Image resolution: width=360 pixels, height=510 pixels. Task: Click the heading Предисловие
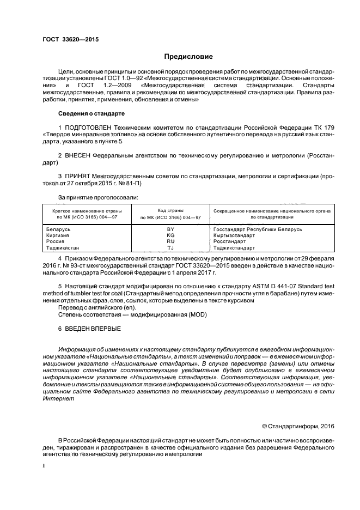point(188,56)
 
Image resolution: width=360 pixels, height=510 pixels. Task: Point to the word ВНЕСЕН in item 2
point(78,155)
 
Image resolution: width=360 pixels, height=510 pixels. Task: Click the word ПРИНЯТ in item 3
point(78,177)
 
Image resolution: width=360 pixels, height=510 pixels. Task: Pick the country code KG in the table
point(170,235)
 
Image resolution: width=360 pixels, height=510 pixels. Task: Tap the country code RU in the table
point(170,241)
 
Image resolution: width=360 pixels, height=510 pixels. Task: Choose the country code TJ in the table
point(170,247)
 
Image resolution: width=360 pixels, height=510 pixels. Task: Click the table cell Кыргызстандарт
point(234,235)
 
